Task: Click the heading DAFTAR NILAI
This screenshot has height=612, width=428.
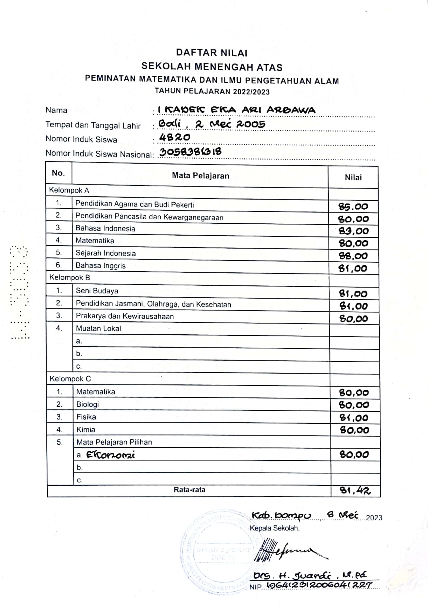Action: pyautogui.click(x=212, y=53)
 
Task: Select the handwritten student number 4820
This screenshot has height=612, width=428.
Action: pyautogui.click(x=174, y=137)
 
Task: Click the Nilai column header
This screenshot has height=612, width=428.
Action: pyautogui.click(x=353, y=178)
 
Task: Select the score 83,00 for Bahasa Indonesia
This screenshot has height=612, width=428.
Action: pyautogui.click(x=353, y=231)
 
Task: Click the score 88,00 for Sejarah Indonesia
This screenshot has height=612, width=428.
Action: pyautogui.click(x=353, y=256)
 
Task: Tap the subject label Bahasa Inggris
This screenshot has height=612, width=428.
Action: pyautogui.click(x=101, y=266)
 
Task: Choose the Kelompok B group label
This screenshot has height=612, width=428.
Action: pyautogui.click(x=70, y=277)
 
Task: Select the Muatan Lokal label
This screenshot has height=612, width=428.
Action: pyautogui.click(x=98, y=328)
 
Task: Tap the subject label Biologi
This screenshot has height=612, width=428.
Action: pyautogui.click(x=88, y=404)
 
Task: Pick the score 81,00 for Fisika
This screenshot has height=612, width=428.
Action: pyautogui.click(x=354, y=418)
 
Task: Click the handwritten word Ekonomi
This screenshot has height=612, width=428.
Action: pyautogui.click(x=110, y=455)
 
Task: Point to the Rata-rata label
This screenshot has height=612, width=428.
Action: pyautogui.click(x=189, y=490)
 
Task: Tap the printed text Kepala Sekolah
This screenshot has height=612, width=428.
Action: pyautogui.click(x=275, y=528)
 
